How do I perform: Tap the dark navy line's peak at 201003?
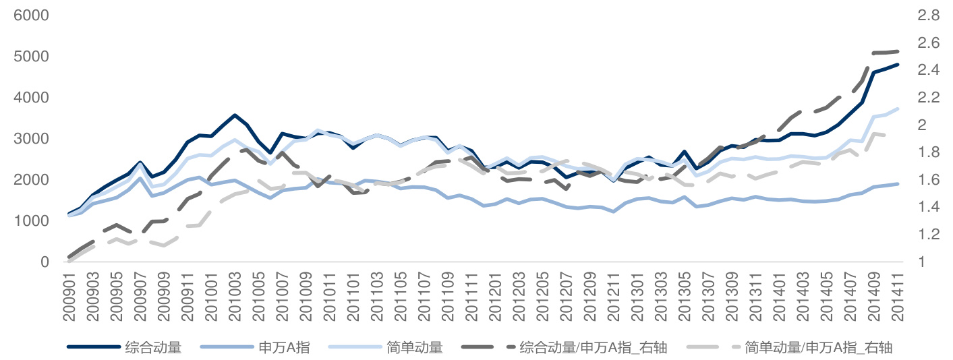pyautogui.click(x=235, y=115)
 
